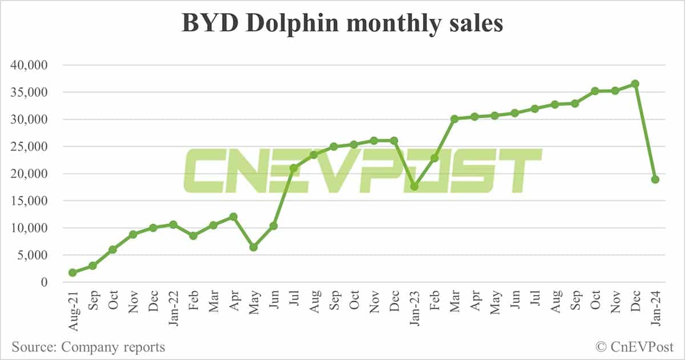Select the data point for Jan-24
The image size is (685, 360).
[x=655, y=179]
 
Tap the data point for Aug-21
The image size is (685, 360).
[x=72, y=273]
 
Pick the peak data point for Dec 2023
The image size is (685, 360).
[x=635, y=84]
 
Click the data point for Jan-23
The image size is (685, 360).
[x=414, y=187]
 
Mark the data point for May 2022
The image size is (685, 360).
[x=253, y=247]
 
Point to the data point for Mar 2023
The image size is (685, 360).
[x=454, y=119]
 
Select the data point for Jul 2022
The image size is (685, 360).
[x=293, y=168]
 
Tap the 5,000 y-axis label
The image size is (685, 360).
[x=36, y=255]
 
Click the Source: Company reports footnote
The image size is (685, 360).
[x=88, y=346]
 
